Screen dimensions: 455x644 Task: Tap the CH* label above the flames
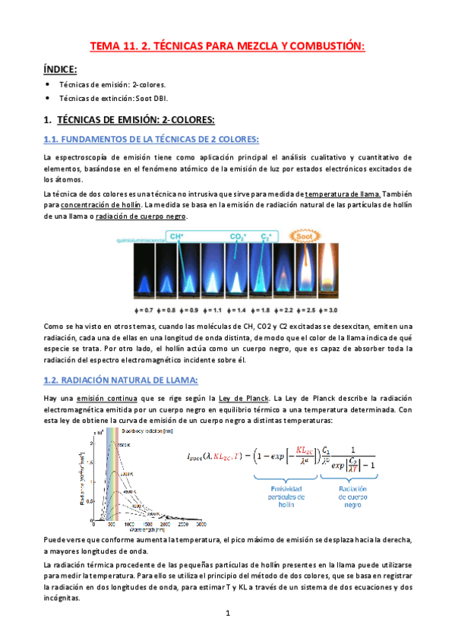tap(176, 237)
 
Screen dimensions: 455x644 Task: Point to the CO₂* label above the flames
tap(238, 237)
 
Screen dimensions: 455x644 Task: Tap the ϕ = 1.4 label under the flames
tap(238, 311)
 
